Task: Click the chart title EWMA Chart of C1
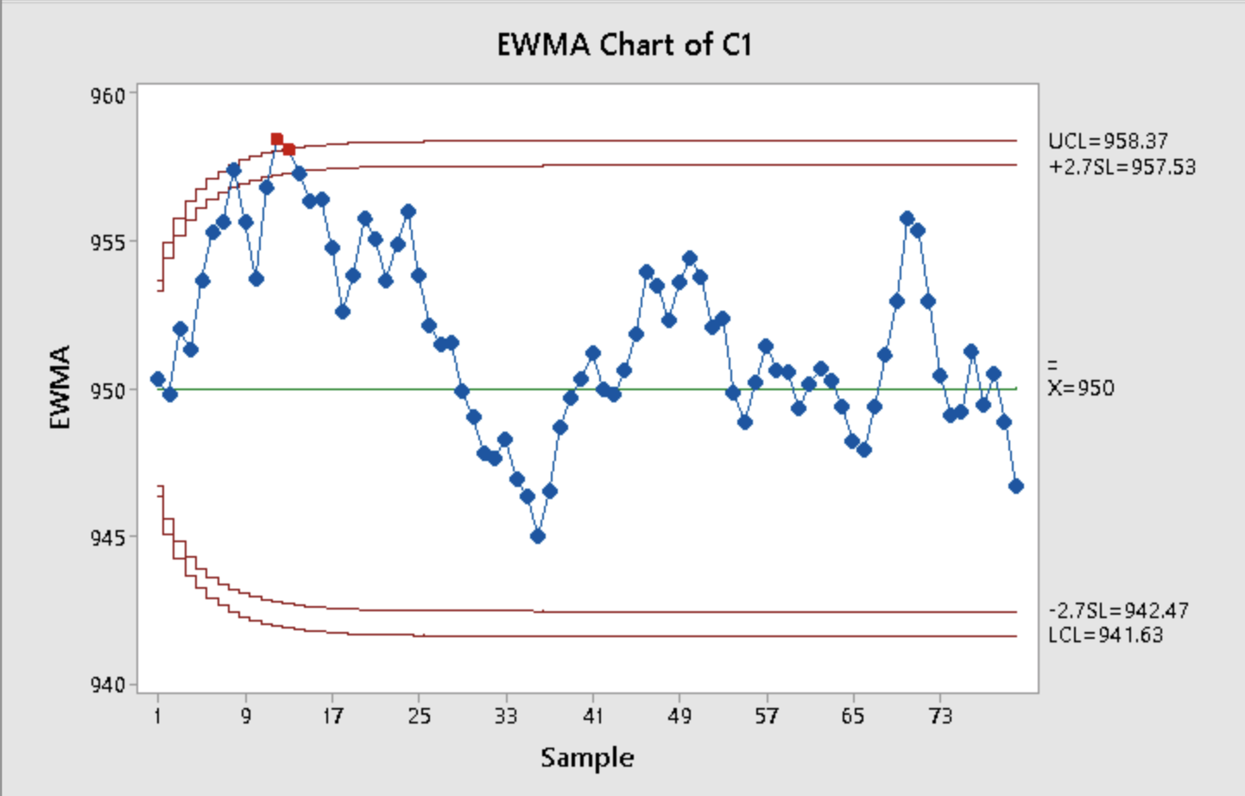623,44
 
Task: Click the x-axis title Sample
587,758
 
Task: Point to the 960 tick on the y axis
109,95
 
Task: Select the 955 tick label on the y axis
109,243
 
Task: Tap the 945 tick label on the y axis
109,538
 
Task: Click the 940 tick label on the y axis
109,685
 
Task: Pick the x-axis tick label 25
420,716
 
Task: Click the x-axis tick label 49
679,716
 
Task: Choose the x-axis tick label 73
940,716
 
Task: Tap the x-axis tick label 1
158,716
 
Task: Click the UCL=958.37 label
1108,142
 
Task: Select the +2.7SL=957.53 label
1122,167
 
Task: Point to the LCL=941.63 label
1105,635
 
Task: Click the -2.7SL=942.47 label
1118,611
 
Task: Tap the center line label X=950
1081,388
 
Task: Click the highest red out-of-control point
277,139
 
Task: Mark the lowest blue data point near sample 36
538,536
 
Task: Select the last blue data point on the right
1015,486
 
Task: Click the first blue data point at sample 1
158,379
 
